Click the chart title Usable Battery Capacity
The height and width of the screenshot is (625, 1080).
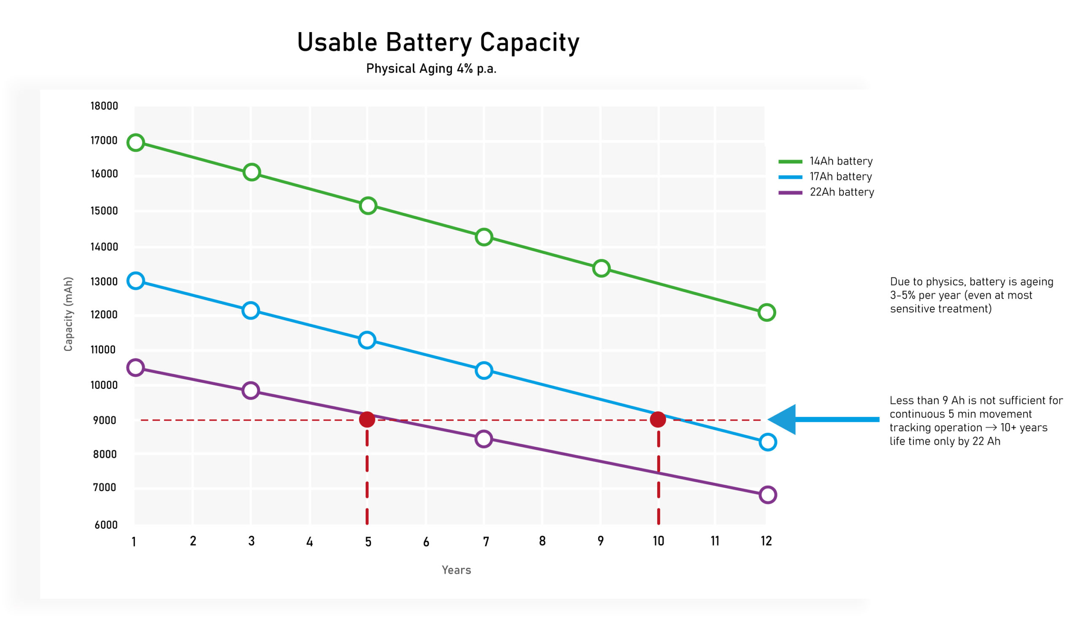point(438,43)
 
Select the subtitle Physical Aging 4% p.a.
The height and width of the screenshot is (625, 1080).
point(431,69)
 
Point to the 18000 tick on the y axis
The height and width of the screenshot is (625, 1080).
point(104,106)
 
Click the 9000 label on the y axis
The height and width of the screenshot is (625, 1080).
point(105,420)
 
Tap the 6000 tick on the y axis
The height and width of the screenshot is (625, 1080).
point(106,525)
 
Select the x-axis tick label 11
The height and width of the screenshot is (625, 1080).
point(715,541)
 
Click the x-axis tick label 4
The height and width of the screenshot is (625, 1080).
point(309,542)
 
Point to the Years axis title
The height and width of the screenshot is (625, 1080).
point(456,570)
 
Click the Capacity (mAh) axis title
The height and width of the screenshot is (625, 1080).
point(68,314)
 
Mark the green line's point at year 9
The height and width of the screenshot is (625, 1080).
point(601,269)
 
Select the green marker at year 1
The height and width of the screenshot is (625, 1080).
point(135,142)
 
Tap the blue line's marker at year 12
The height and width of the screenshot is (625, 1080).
point(767,442)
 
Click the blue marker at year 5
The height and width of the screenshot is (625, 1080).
point(367,341)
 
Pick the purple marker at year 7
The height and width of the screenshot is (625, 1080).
point(484,439)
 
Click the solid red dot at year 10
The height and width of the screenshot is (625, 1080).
point(658,419)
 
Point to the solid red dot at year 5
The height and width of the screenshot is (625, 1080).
point(367,419)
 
